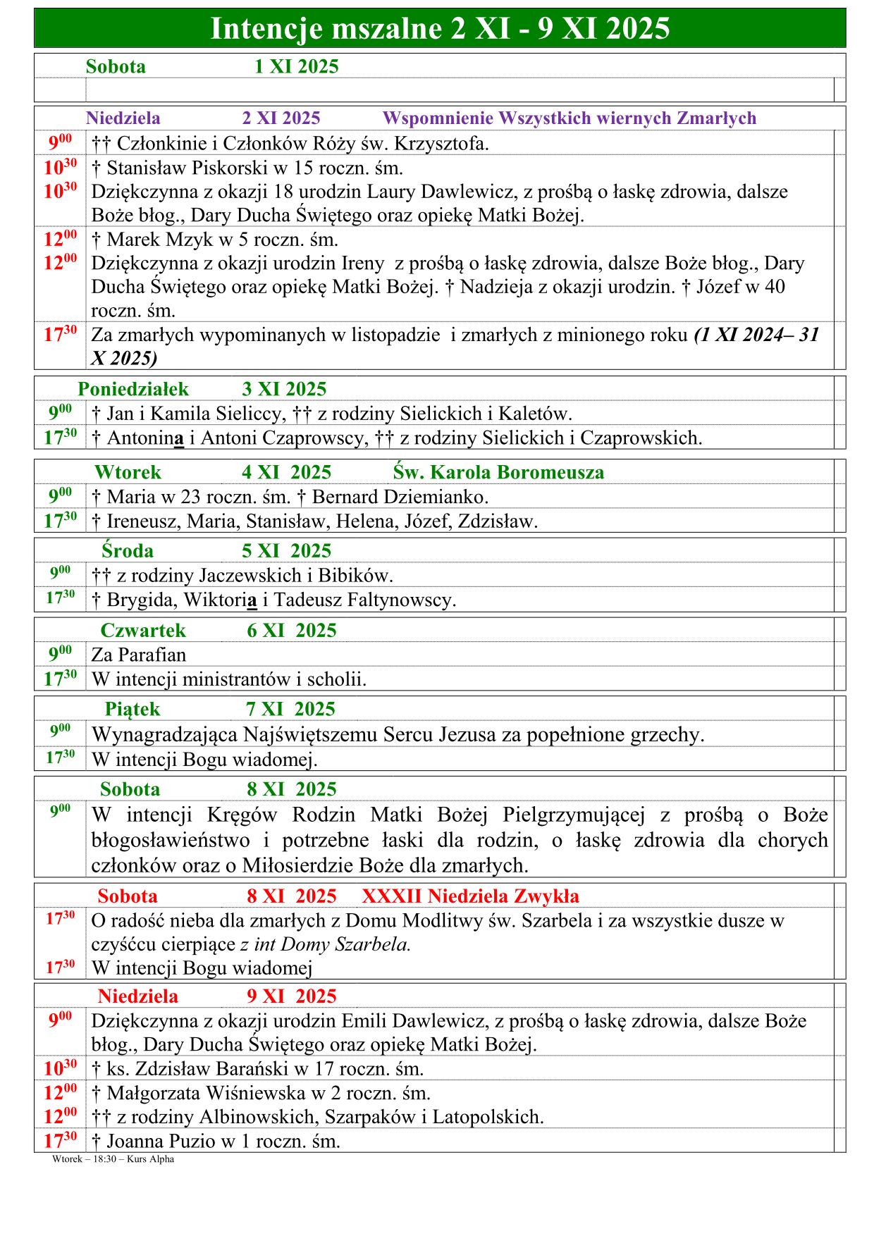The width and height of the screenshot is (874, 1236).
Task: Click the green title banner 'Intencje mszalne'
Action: point(440,29)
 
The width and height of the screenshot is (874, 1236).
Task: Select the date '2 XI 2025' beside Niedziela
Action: point(281,118)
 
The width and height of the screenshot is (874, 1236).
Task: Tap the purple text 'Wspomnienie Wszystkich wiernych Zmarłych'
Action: point(569,118)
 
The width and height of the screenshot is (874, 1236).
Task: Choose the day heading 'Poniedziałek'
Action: point(133,389)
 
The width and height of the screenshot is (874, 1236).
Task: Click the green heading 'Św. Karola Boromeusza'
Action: point(498,472)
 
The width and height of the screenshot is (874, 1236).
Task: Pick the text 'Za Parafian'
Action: point(139,655)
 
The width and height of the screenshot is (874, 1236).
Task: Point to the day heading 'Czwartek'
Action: point(143,630)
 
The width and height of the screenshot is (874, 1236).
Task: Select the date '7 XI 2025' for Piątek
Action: point(290,709)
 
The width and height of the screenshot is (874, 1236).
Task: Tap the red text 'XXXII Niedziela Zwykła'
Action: point(470,896)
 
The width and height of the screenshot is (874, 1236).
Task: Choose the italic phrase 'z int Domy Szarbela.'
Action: point(325,944)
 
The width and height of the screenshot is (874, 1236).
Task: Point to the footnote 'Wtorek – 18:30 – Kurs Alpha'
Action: point(113,1159)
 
